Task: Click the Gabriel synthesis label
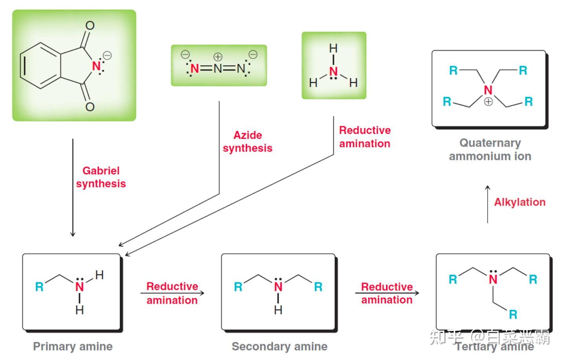pyautogui.click(x=101, y=177)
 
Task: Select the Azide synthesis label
pyautogui.click(x=248, y=142)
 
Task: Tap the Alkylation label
pyautogui.click(x=520, y=202)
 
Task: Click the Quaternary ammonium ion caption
pyautogui.click(x=490, y=149)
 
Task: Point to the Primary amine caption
pyautogui.click(x=73, y=346)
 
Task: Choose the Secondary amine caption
pyautogui.click(x=279, y=346)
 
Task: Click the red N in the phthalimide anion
pyautogui.click(x=96, y=66)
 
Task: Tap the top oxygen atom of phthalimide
pyautogui.click(x=90, y=25)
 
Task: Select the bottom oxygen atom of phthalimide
pyautogui.click(x=90, y=107)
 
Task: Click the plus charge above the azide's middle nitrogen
pyautogui.click(x=218, y=57)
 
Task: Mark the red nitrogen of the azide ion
pyautogui.click(x=195, y=68)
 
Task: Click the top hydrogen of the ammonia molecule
pyautogui.click(x=334, y=48)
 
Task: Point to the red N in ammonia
pyautogui.click(x=334, y=72)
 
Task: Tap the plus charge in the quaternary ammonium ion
pyautogui.click(x=488, y=102)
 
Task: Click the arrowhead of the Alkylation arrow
pyautogui.click(x=488, y=187)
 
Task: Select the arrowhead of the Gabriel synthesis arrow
pyautogui.click(x=73, y=234)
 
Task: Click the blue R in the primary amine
pyautogui.click(x=39, y=287)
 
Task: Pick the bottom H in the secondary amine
pyautogui.click(x=278, y=310)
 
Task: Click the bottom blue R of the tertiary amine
pyautogui.click(x=513, y=315)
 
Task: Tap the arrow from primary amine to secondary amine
pyautogui.click(x=172, y=293)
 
